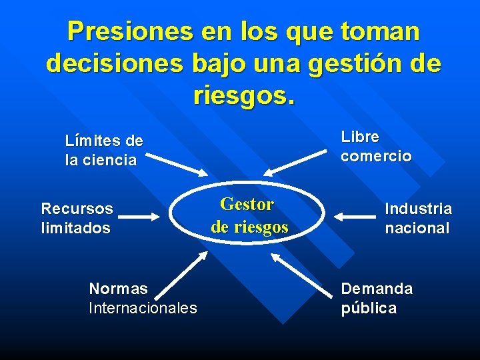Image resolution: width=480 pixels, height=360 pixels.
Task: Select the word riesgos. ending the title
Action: (243, 95)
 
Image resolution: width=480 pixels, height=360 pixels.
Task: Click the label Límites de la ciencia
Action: (103, 151)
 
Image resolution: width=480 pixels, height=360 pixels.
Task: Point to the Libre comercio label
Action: (376, 146)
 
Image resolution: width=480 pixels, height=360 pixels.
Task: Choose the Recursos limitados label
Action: (77, 218)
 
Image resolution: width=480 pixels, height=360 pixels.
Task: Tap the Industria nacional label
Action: (418, 218)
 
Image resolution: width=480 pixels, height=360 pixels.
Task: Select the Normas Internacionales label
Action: (143, 298)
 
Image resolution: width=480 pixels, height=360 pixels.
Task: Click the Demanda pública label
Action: (377, 298)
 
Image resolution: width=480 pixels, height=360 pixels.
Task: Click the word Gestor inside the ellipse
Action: (247, 204)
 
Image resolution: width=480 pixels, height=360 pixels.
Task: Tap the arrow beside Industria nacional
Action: (357, 216)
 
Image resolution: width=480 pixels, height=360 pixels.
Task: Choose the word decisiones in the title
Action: (115, 64)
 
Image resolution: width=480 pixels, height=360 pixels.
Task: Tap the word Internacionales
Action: (143, 308)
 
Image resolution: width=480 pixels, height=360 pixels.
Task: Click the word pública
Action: (369, 308)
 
